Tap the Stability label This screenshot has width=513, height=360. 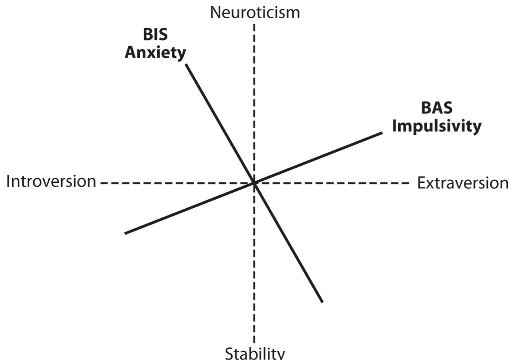pyautogui.click(x=255, y=353)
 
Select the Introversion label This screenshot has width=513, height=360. pyautogui.click(x=51, y=182)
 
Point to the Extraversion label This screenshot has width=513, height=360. pyautogui.click(x=463, y=183)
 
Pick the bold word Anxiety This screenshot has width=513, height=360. pyautogui.click(x=156, y=53)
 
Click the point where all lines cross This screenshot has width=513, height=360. pyautogui.click(x=254, y=183)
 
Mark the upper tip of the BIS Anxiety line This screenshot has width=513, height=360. pyautogui.click(x=186, y=65)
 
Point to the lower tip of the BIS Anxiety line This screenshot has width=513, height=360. pyautogui.click(x=322, y=302)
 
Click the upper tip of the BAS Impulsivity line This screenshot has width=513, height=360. pyautogui.click(x=382, y=132)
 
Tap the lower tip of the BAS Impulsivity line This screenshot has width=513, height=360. pyautogui.click(x=125, y=233)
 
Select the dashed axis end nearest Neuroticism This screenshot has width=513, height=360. pyautogui.click(x=254, y=23)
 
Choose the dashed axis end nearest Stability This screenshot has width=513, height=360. pyautogui.click(x=254, y=342)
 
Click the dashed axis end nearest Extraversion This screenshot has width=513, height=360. pyautogui.click(x=409, y=183)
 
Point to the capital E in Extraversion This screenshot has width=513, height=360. pyautogui.click(x=421, y=183)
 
